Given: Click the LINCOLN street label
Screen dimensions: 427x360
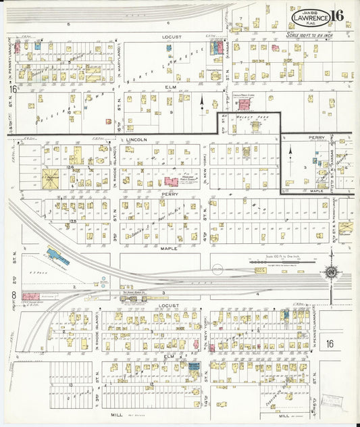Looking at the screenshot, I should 136,139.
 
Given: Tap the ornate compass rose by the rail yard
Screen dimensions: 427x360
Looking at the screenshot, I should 332,272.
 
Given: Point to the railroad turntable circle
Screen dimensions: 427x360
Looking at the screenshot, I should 217,270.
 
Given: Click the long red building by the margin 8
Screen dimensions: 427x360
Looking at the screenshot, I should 31,296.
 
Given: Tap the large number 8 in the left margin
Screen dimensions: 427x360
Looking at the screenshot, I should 13,294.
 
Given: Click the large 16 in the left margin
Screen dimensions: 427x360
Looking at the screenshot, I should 13,89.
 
